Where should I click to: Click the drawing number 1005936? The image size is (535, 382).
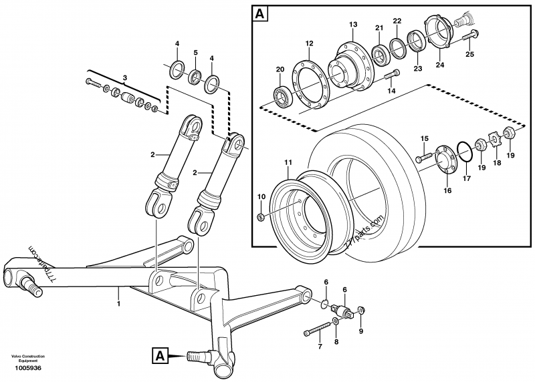(28, 368)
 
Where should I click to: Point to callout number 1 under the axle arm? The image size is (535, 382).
(118, 305)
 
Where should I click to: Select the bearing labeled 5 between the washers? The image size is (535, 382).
(195, 74)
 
